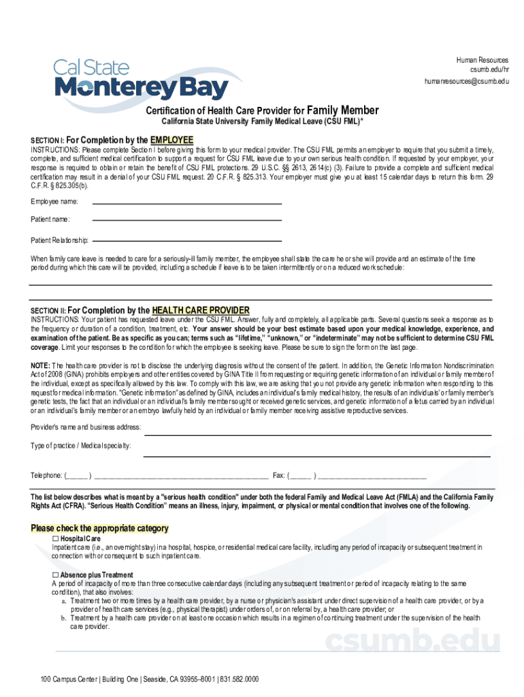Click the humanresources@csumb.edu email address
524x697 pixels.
pos(467,82)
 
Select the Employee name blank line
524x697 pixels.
pos(186,203)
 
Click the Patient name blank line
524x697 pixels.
pos(186,219)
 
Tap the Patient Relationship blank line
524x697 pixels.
pos(186,240)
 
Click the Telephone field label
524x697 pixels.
pos(47,476)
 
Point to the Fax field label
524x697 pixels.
pos(278,476)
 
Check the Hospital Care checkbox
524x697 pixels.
pos(56,538)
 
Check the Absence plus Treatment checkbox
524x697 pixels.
pos(56,575)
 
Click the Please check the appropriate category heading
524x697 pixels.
pos(100,528)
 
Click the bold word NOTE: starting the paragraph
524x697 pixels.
pos(40,366)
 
